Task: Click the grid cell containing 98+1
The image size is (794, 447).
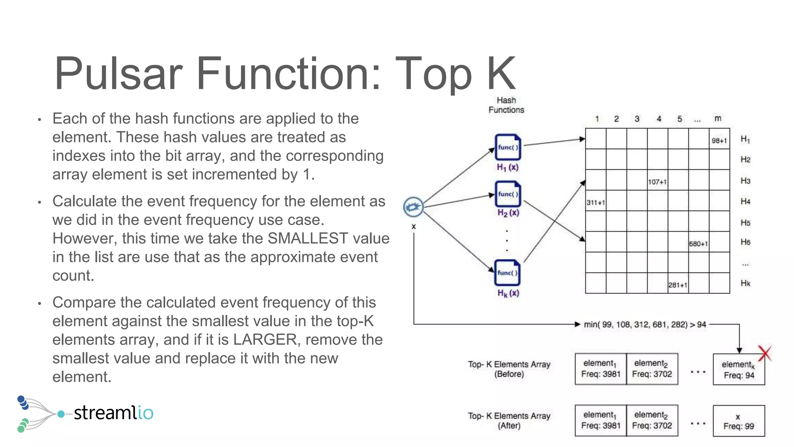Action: pyautogui.click(x=719, y=139)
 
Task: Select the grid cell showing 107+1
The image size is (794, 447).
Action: pyautogui.click(x=658, y=180)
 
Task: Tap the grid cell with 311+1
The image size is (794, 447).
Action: pyautogui.click(x=595, y=201)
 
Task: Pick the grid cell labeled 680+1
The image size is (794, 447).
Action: pyautogui.click(x=699, y=243)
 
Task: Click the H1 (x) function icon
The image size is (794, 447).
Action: pyautogui.click(x=507, y=147)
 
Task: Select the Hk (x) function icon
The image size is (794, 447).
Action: pyautogui.click(x=507, y=272)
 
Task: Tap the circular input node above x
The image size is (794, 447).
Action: pyautogui.click(x=413, y=207)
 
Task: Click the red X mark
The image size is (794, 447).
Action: pyautogui.click(x=765, y=353)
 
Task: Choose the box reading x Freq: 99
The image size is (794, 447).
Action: pyautogui.click(x=739, y=421)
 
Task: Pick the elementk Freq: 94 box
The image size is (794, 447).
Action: pyautogui.click(x=739, y=369)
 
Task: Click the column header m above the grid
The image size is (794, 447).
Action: pyautogui.click(x=718, y=118)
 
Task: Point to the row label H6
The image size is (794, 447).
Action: pyautogui.click(x=745, y=242)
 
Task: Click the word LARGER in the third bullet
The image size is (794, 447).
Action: pyautogui.click(x=266, y=340)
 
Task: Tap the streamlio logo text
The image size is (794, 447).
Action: pyautogui.click(x=113, y=412)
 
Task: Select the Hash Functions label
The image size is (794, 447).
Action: pyautogui.click(x=506, y=105)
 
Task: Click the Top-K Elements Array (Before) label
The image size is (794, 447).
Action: pyautogui.click(x=509, y=369)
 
